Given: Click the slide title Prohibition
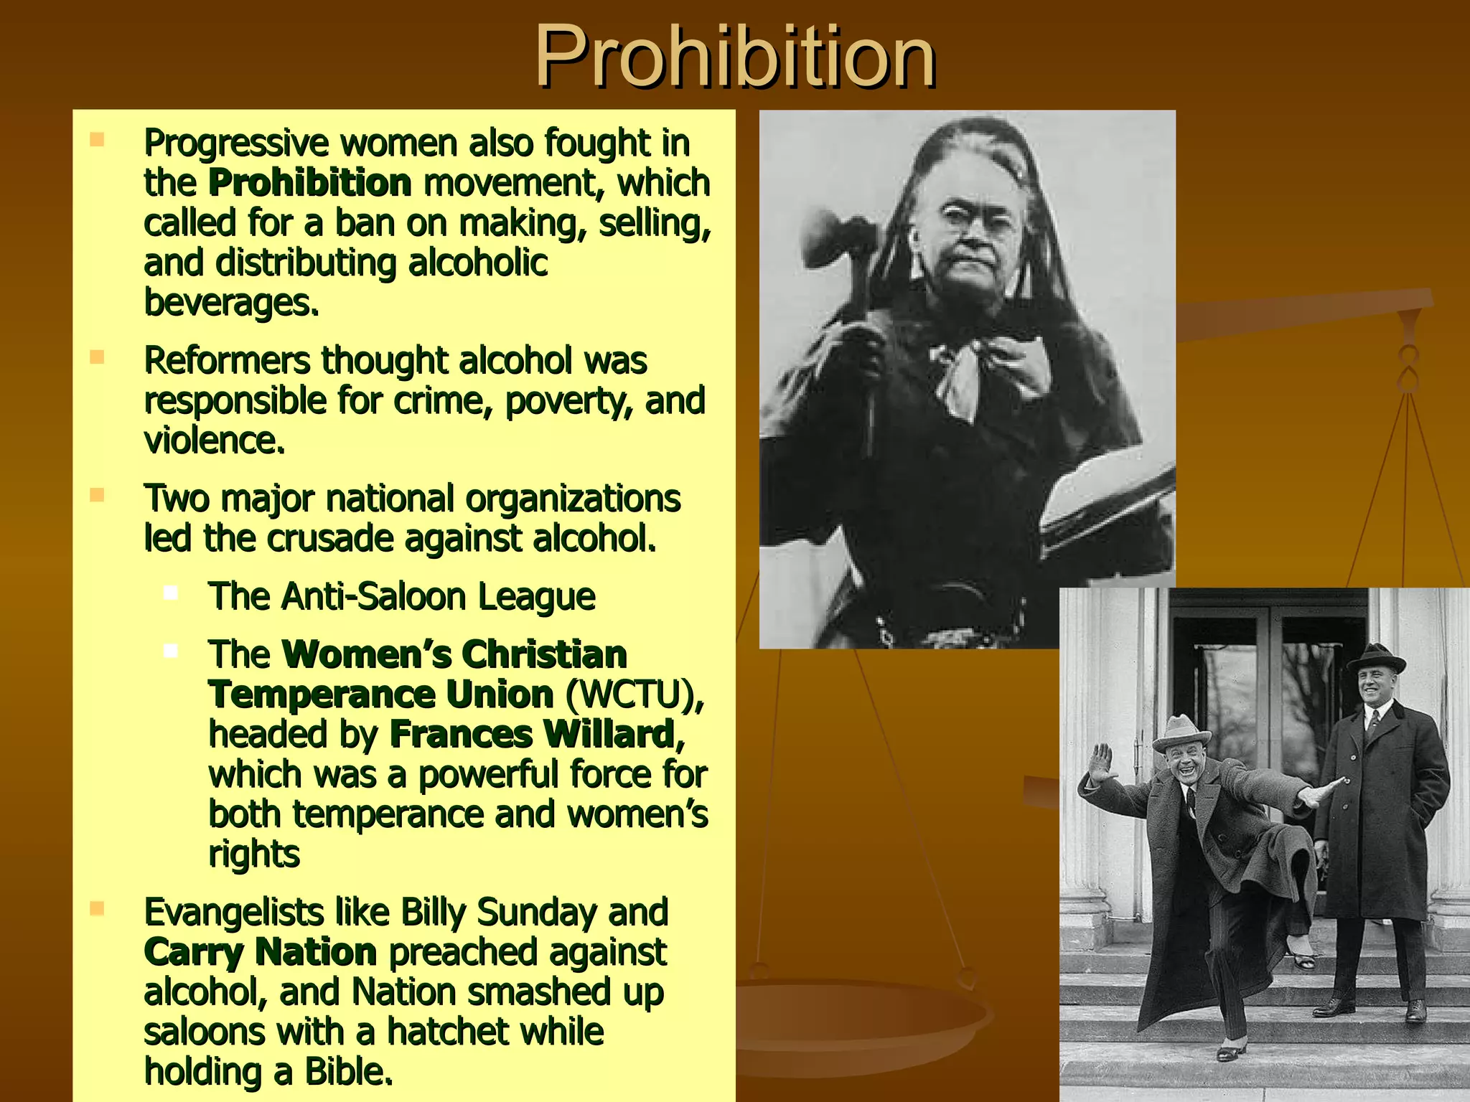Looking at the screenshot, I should tap(734, 56).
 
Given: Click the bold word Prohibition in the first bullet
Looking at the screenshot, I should tap(309, 183).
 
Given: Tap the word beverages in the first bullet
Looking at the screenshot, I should tap(231, 303).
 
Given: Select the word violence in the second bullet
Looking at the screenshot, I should tap(215, 441).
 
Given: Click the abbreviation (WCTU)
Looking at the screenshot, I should tap(635, 694).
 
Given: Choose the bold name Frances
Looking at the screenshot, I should tap(461, 735).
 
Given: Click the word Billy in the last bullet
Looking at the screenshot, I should tap(434, 913).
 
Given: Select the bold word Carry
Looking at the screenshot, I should tap(194, 953).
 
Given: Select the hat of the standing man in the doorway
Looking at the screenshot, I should tap(1375, 657).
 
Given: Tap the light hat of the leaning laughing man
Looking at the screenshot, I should tap(1181, 731).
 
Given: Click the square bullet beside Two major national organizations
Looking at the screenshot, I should tap(98, 494).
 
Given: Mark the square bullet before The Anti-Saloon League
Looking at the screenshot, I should tap(171, 593).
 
